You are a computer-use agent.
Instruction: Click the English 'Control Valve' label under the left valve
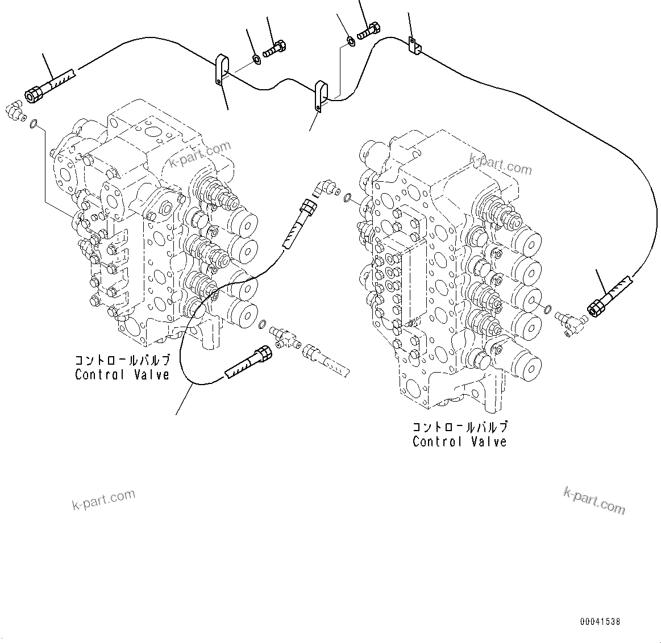pyautogui.click(x=122, y=375)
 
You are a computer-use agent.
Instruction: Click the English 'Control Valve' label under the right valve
pyautogui.click(x=459, y=442)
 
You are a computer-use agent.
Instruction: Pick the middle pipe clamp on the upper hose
pyautogui.click(x=322, y=96)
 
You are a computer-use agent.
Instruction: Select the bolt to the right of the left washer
pyautogui.click(x=276, y=47)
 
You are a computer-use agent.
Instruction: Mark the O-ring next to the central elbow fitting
pyautogui.click(x=348, y=198)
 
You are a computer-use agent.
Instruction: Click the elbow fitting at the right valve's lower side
pyautogui.click(x=567, y=321)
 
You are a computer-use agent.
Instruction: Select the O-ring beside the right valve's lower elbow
pyautogui.click(x=547, y=310)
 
